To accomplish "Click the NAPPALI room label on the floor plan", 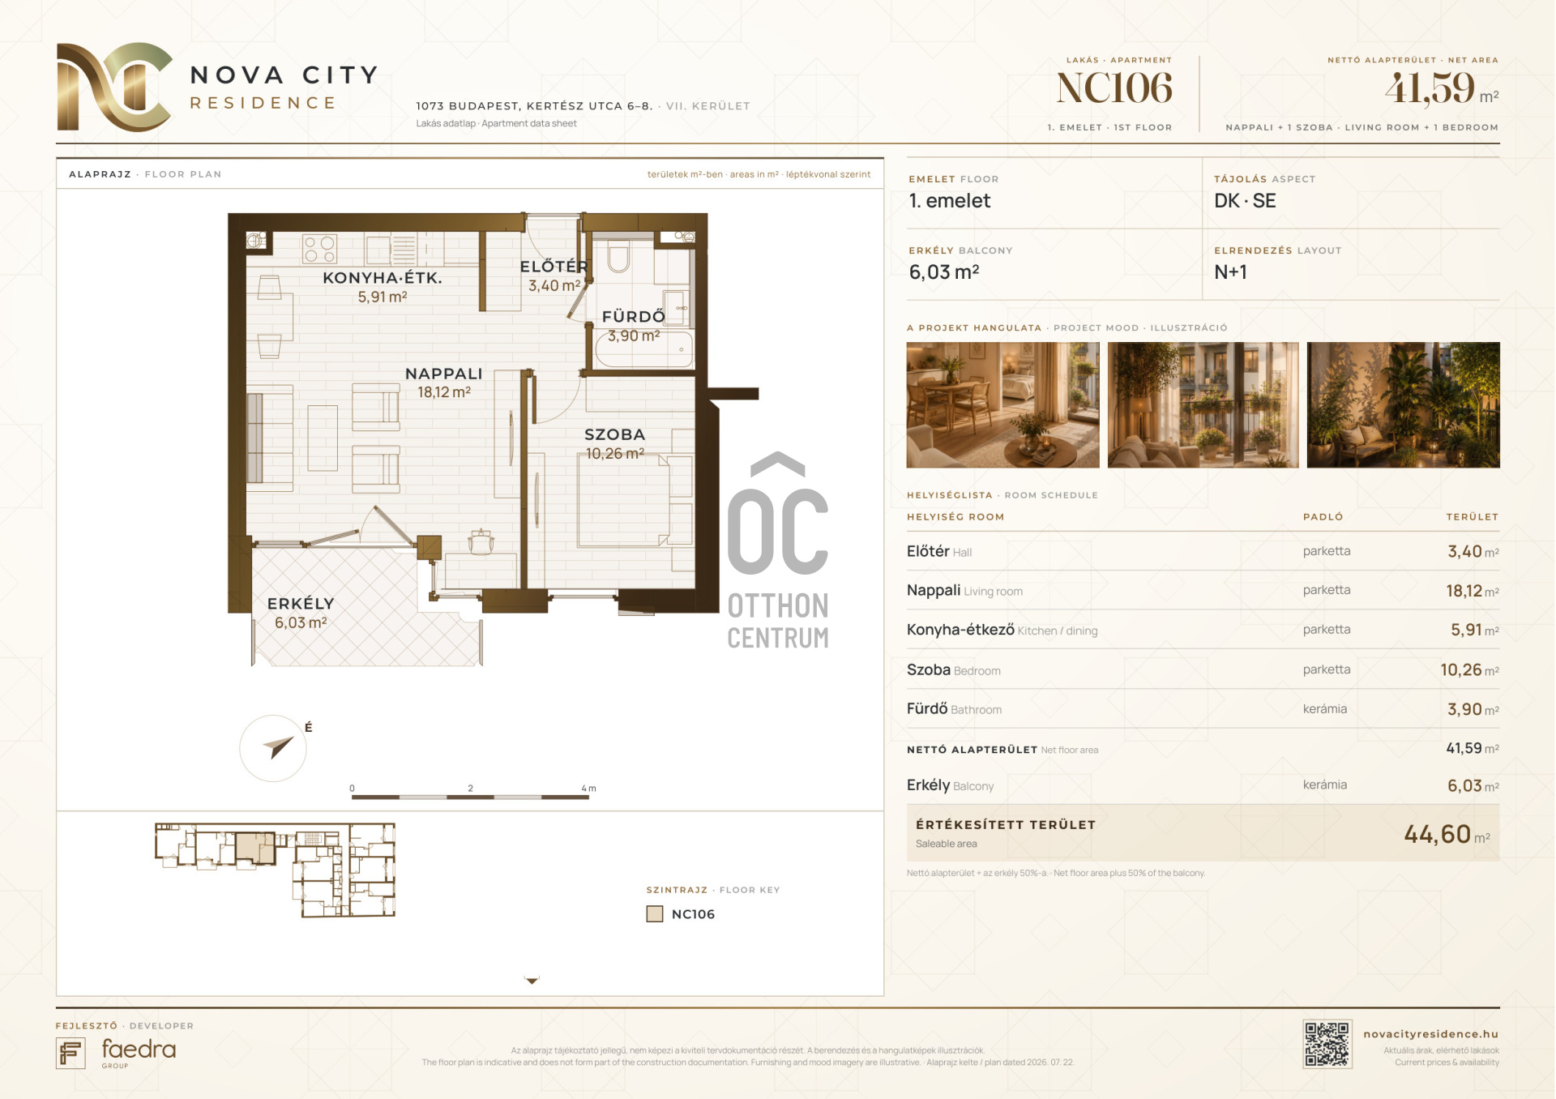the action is click(443, 374).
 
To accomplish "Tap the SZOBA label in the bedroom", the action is click(614, 434).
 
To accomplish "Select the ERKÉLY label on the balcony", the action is click(301, 604).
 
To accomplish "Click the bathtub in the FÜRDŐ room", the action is click(645, 349).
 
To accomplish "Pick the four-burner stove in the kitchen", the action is click(319, 249).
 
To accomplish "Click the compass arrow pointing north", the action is click(278, 746).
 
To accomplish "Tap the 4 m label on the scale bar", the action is click(588, 788).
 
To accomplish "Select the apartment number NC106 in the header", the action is click(1114, 88).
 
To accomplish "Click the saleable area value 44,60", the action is click(1437, 833).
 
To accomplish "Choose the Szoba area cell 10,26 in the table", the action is click(1460, 669).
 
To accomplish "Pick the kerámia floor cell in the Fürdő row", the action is click(1325, 709).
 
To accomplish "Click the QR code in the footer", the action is click(1327, 1044).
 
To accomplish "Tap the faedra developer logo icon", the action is click(71, 1053).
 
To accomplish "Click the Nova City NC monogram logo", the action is click(114, 87).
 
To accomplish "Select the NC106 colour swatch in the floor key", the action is click(655, 914).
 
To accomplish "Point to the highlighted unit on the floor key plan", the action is click(255, 848).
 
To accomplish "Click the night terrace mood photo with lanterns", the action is click(1403, 404).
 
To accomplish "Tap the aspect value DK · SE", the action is click(1245, 201).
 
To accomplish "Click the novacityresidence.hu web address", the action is click(1430, 1034).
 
